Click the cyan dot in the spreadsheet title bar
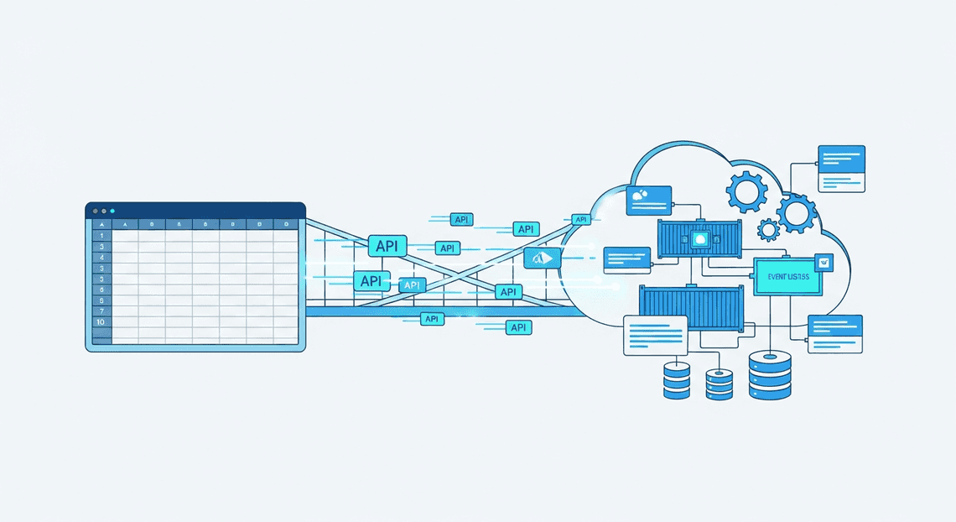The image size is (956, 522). (x=112, y=211)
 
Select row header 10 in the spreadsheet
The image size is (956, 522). (x=101, y=322)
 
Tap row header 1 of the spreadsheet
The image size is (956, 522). (x=101, y=237)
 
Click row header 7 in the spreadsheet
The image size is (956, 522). (x=101, y=311)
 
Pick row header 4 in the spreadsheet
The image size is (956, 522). (x=101, y=258)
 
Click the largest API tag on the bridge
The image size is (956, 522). (x=387, y=246)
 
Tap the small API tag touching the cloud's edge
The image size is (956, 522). (x=581, y=220)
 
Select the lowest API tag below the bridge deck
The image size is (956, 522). (x=519, y=327)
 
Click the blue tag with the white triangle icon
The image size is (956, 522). (x=542, y=258)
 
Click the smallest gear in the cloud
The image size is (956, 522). (x=768, y=229)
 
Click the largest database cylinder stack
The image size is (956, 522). (x=770, y=374)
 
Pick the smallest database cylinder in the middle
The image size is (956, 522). (x=719, y=384)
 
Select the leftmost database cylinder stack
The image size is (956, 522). (x=676, y=379)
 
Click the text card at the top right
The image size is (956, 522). (x=840, y=169)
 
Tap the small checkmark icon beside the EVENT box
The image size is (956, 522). (x=825, y=263)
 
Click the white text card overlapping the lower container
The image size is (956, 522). (x=655, y=336)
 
